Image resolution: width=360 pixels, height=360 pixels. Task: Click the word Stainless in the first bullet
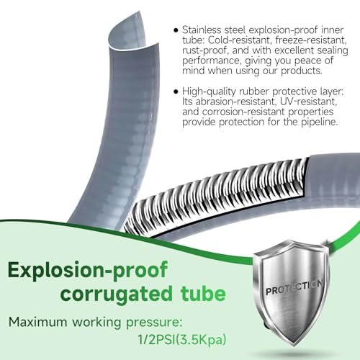(x=202, y=30)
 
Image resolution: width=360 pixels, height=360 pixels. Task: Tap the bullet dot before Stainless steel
(x=176, y=30)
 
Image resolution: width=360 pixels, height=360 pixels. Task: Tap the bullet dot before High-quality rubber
(x=176, y=91)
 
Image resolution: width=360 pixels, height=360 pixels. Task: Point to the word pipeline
(x=323, y=122)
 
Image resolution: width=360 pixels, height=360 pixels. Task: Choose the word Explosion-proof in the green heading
(x=88, y=271)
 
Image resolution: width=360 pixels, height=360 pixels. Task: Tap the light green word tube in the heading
(x=203, y=292)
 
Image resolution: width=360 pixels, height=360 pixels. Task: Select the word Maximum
(x=38, y=322)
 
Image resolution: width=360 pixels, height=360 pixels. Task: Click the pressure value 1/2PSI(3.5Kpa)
(x=182, y=340)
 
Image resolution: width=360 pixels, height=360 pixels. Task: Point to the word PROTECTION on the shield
(x=294, y=287)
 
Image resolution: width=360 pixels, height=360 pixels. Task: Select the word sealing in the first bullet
(x=333, y=50)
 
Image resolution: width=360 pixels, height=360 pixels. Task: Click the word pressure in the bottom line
(x=153, y=323)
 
